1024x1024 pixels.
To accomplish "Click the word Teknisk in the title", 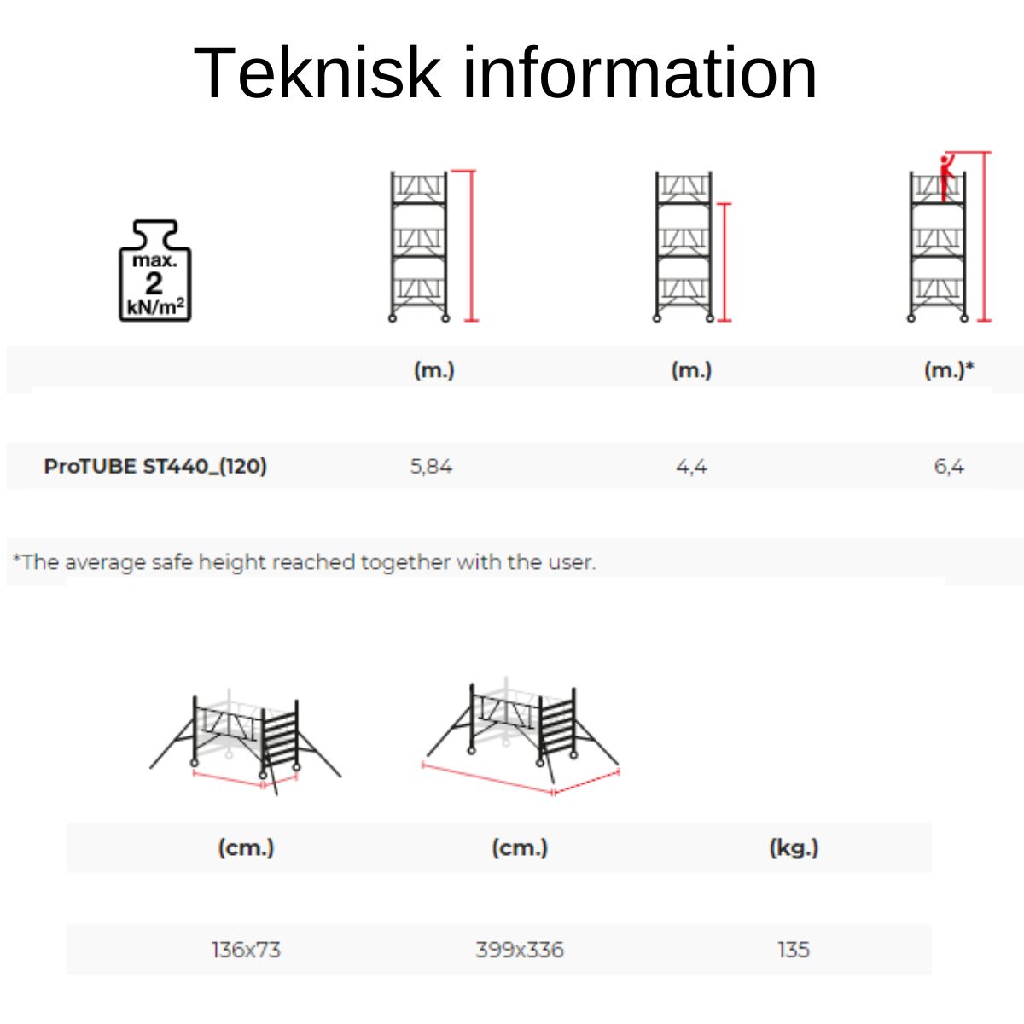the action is (x=317, y=73).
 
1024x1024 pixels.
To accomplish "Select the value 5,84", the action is (x=431, y=467).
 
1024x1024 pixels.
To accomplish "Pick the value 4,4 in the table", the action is (x=691, y=467).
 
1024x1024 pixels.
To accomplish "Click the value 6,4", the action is (x=949, y=467).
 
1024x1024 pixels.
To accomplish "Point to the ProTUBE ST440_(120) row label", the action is (x=155, y=467).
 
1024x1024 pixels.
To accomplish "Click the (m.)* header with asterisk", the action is (x=949, y=369).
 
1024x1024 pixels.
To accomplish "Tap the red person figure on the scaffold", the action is (x=945, y=178).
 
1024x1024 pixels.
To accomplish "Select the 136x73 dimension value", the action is (x=246, y=950).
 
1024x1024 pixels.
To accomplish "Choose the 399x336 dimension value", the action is (x=520, y=950).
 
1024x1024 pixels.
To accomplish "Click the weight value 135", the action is (x=794, y=950).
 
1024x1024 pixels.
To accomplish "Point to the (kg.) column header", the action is (x=794, y=847).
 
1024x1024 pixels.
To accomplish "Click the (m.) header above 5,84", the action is (x=434, y=369).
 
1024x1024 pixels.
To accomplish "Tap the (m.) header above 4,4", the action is (x=691, y=369).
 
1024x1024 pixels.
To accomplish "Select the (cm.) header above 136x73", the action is (x=246, y=847).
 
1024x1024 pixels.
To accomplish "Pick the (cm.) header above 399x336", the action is (x=520, y=847).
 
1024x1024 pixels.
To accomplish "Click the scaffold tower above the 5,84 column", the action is (x=419, y=246).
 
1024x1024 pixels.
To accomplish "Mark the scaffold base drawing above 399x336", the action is (x=521, y=737).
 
